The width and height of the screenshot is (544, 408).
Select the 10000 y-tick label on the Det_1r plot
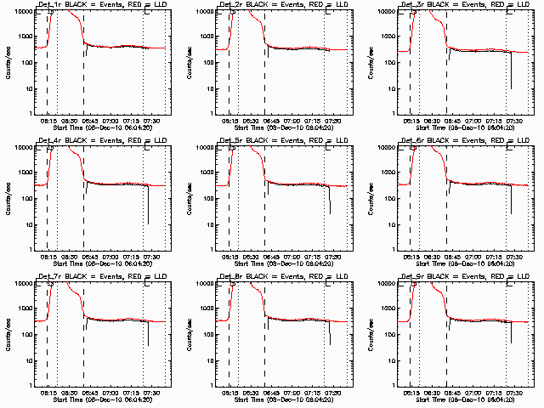20,12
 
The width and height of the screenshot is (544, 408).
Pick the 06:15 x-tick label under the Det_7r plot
48,394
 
